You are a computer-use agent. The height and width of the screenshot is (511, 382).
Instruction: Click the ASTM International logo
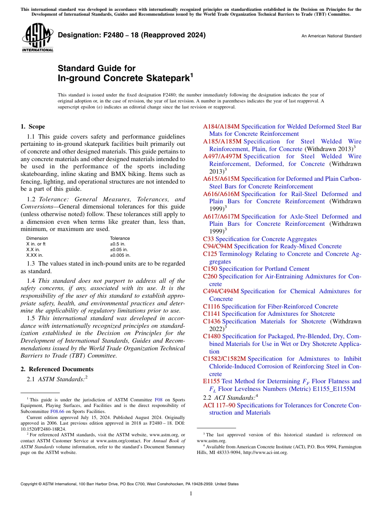pyautogui.click(x=38, y=38)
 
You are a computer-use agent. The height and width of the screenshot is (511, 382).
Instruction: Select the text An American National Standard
pyautogui.click(x=331, y=36)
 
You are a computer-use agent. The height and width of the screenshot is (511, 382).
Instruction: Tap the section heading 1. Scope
pyautogui.click(x=33, y=127)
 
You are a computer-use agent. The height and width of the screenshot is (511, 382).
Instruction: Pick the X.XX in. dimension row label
pyautogui.click(x=35, y=255)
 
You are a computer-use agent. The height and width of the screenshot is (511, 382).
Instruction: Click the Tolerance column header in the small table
pyautogui.click(x=120, y=238)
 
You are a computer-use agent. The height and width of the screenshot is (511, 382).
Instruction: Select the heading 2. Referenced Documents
pyautogui.click(x=57, y=369)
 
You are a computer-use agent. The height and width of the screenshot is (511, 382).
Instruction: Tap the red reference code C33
pyautogui.click(x=209, y=239)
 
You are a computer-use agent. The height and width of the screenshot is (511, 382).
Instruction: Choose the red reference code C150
pyautogui.click(x=210, y=269)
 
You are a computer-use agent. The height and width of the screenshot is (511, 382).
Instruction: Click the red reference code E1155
pyautogui.click(x=211, y=381)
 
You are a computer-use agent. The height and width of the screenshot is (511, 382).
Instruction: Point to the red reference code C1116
pyautogui.click(x=212, y=307)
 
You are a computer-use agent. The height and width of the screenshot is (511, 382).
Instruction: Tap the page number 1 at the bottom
pyautogui.click(x=191, y=493)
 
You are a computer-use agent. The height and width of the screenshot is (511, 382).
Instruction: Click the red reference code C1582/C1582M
pyautogui.click(x=224, y=359)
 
